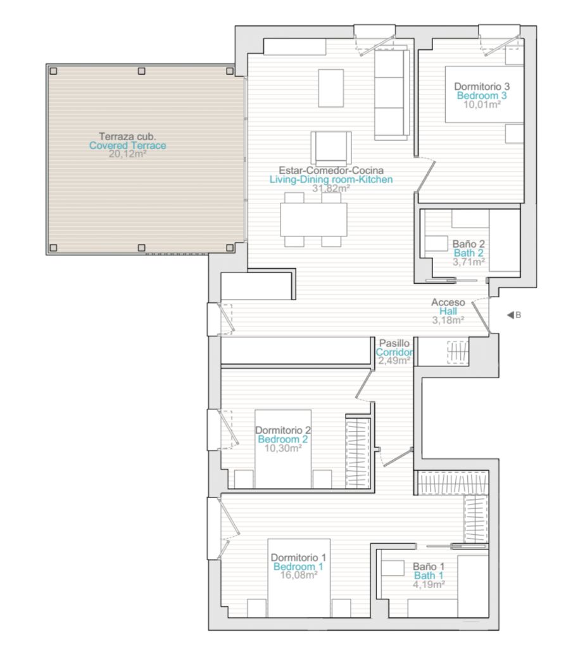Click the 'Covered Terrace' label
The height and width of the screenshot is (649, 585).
pyautogui.click(x=127, y=145)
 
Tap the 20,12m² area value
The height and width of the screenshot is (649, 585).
pyautogui.click(x=127, y=154)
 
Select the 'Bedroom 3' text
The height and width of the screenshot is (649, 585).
pyautogui.click(x=482, y=95)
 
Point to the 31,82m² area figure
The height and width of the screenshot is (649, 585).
pyautogui.click(x=331, y=188)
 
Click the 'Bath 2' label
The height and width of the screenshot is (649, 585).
pyautogui.click(x=469, y=253)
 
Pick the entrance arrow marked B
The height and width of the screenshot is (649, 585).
pyautogui.click(x=510, y=315)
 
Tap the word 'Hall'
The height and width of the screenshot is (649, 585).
pyautogui.click(x=448, y=311)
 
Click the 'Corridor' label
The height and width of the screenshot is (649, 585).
pyautogui.click(x=394, y=352)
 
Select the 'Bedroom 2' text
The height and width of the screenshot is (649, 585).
pyautogui.click(x=283, y=439)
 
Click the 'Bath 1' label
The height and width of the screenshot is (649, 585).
pyautogui.click(x=429, y=575)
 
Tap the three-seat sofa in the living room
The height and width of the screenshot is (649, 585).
pyautogui.click(x=391, y=95)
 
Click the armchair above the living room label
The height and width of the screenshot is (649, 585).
pyautogui.click(x=331, y=148)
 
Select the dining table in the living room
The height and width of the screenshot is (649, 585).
pyautogui.click(x=314, y=220)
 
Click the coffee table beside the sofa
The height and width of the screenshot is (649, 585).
pyautogui.click(x=330, y=88)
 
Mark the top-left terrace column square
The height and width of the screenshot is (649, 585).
pyautogui.click(x=53, y=71)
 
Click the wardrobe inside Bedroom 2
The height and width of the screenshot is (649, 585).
pyautogui.click(x=358, y=452)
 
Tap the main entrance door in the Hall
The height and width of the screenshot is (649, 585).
pyautogui.click(x=481, y=317)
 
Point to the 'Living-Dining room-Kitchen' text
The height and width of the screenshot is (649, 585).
pyautogui.click(x=331, y=179)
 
